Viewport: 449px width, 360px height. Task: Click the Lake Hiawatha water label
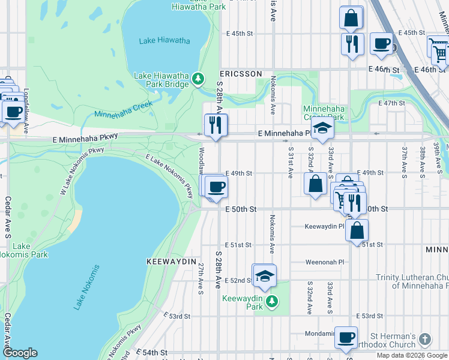(x=164, y=41)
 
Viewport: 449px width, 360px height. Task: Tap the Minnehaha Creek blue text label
(x=124, y=109)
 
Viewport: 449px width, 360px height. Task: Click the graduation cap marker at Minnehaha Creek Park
(x=322, y=128)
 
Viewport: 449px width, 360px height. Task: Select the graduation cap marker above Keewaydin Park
(x=264, y=276)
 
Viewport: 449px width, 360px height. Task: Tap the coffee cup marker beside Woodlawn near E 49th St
(x=216, y=187)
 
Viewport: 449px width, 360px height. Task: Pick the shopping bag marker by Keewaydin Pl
(x=357, y=229)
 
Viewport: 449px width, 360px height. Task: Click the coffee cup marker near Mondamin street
(x=346, y=338)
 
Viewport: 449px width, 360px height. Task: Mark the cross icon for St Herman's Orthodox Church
(x=424, y=340)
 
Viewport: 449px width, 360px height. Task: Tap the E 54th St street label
(x=151, y=352)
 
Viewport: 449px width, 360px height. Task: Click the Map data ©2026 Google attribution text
(x=411, y=355)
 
